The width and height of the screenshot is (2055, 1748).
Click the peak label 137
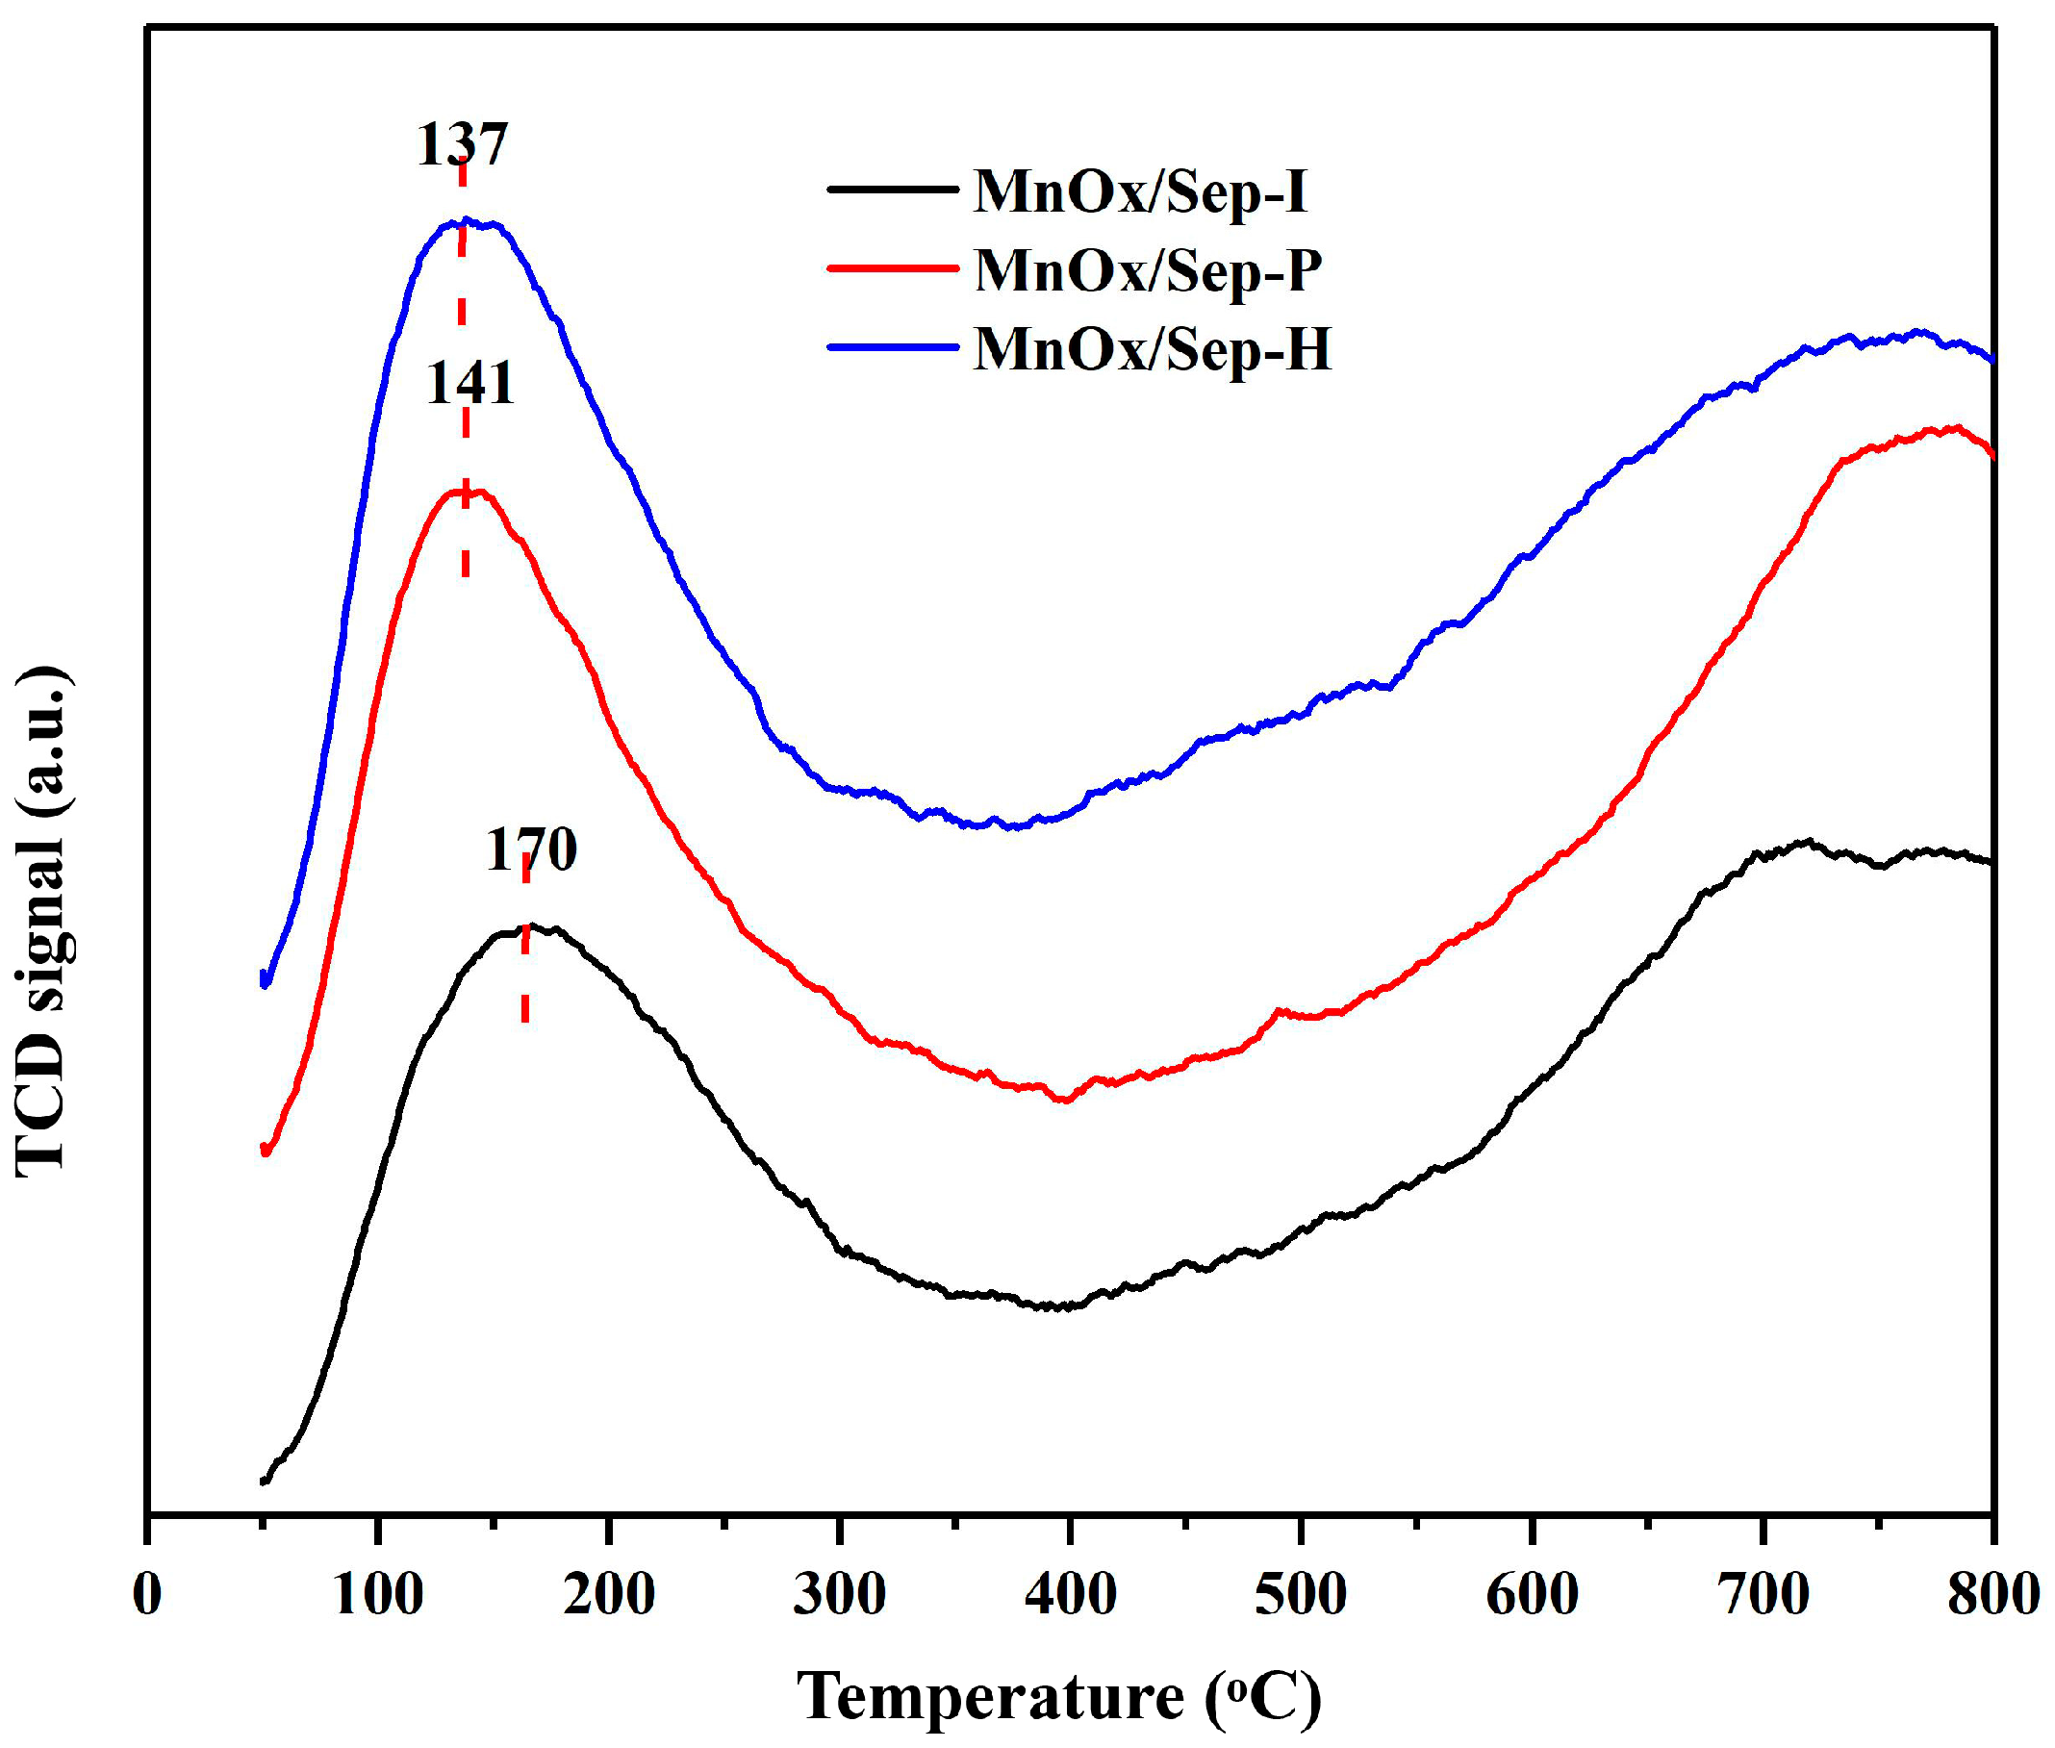click(462, 144)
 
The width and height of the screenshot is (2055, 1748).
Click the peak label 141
click(470, 385)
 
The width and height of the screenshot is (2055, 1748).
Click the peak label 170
click(531, 850)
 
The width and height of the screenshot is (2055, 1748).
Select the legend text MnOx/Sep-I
click(1140, 191)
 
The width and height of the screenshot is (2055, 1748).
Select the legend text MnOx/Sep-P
click(1149, 269)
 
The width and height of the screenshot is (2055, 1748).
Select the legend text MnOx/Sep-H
click(1153, 349)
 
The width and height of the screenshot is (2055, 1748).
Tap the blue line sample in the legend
click(893, 347)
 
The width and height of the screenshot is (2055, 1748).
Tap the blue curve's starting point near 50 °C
click(265, 979)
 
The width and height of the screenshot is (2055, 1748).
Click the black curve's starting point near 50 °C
click(264, 1481)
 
